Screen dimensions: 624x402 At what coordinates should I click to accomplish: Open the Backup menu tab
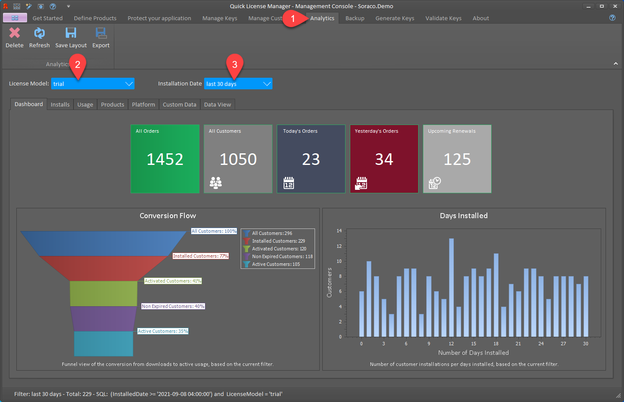(355, 18)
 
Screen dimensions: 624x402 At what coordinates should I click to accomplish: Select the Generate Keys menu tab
(395, 18)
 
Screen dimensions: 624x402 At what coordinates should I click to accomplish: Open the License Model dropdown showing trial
(92, 83)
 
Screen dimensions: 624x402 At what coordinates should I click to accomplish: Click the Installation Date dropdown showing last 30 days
(238, 83)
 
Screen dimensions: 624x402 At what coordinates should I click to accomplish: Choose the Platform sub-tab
(144, 104)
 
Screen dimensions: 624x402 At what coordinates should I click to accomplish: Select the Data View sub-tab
(217, 104)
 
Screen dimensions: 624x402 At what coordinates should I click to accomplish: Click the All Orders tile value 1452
(165, 159)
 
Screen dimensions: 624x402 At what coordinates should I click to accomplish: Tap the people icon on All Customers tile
(216, 183)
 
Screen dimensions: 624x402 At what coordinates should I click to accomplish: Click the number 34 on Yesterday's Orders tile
(384, 159)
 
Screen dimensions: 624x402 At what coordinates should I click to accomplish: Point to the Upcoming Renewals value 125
(457, 159)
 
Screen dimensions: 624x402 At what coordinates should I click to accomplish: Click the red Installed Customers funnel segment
(104, 268)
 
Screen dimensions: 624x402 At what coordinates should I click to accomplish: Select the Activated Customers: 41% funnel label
(173, 281)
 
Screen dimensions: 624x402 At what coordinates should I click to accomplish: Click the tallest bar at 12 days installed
(451, 287)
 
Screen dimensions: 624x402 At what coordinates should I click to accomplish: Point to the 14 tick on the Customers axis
(339, 231)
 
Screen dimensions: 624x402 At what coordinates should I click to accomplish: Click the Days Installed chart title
(464, 216)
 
